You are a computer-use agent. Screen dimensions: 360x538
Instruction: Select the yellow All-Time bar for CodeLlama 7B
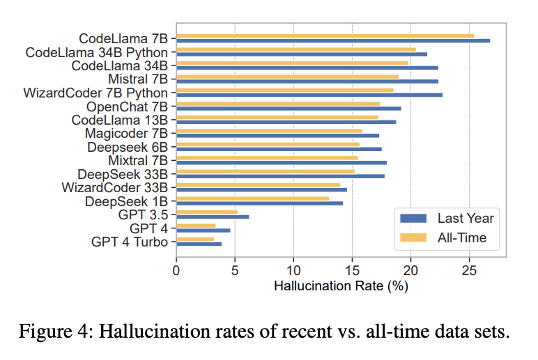coord(325,36)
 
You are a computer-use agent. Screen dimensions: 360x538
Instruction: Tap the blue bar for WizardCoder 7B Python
coord(309,95)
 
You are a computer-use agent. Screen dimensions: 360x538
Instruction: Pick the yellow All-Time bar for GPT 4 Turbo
coord(195,239)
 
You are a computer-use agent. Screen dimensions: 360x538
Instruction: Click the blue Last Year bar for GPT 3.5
coord(213,217)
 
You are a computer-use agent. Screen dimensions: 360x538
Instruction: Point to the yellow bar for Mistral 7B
coord(287,77)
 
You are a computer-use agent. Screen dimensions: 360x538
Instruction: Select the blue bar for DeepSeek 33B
coord(280,176)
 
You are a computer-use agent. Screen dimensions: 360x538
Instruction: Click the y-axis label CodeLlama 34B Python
coord(96,52)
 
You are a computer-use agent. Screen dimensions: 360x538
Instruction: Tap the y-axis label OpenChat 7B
coord(127,107)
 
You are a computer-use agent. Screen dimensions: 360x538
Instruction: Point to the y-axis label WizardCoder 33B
coord(114,188)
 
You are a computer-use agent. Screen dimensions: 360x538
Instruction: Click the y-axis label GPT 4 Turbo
coord(130,242)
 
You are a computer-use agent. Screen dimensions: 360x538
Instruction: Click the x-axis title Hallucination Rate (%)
coord(341,285)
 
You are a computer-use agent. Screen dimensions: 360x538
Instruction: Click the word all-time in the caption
coord(416,330)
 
